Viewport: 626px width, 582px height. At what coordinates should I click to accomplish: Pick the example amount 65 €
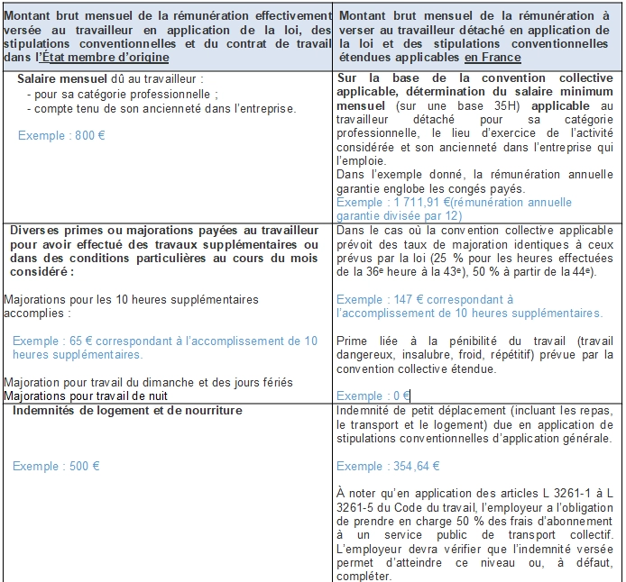[71, 341]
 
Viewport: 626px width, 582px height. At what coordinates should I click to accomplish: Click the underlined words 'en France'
[493, 58]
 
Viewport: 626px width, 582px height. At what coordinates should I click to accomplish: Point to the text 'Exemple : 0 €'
[373, 396]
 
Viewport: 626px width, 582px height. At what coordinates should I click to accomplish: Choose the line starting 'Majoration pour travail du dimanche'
[148, 383]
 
